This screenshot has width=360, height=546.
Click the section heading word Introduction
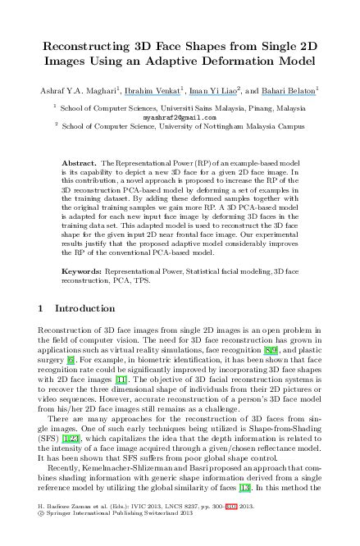click(85, 309)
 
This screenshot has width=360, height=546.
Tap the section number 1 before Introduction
click(41, 309)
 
